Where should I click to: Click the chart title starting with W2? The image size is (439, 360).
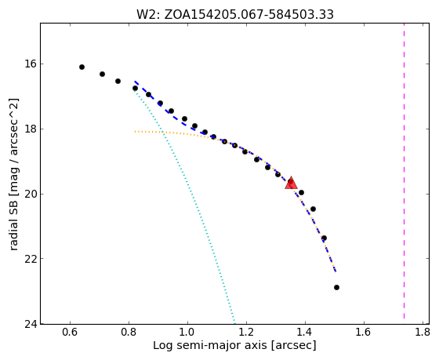click(235, 14)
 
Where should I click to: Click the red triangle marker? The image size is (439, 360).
click(291, 184)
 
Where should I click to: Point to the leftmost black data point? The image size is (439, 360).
click(82, 67)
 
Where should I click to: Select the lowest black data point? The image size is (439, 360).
click(336, 287)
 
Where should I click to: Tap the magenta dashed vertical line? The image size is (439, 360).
click(404, 171)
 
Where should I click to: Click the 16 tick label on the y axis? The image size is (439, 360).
click(31, 64)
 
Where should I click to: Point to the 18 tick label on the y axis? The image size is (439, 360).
click(31, 129)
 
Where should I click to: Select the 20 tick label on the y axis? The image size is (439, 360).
click(31, 194)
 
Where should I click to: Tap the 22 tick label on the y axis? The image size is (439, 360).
click(31, 258)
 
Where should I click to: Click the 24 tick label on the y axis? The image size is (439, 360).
click(31, 324)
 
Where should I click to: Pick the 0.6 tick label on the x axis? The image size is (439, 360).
click(70, 333)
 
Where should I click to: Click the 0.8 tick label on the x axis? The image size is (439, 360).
click(129, 333)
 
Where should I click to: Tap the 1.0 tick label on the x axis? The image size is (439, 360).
click(187, 333)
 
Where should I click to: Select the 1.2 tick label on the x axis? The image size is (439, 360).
click(246, 333)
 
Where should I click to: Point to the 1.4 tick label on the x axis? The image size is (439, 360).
click(305, 333)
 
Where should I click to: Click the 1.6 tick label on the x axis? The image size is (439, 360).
click(364, 333)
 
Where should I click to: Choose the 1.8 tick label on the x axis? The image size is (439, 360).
click(423, 333)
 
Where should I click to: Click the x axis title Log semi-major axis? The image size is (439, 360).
click(234, 346)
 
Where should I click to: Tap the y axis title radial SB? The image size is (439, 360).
click(13, 174)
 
